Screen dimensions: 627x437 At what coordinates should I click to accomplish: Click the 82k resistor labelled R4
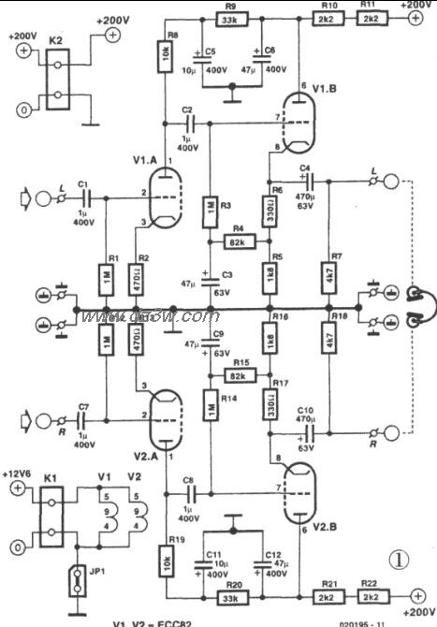[238, 241]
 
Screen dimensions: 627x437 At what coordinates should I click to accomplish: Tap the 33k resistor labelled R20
[230, 596]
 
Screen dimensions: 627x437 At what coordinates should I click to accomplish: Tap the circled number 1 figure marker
[400, 560]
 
